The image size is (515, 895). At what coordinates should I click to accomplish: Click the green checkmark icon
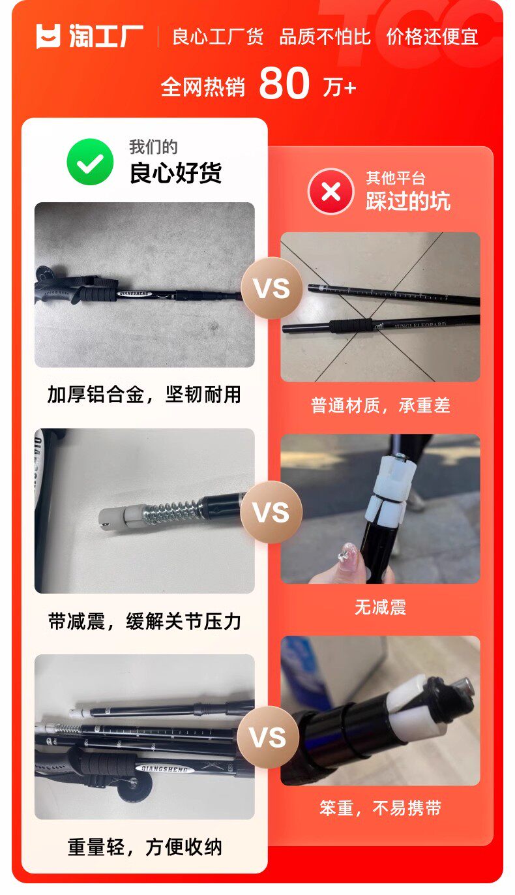click(x=90, y=161)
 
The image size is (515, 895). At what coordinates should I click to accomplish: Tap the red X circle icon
click(x=331, y=192)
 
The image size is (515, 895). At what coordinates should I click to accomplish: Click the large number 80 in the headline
click(x=284, y=83)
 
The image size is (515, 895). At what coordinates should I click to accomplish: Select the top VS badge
click(x=271, y=288)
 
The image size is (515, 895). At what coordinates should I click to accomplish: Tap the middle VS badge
click(x=271, y=512)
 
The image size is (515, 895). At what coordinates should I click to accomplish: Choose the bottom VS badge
click(x=268, y=737)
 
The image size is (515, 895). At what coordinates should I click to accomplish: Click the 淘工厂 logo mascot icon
click(x=48, y=36)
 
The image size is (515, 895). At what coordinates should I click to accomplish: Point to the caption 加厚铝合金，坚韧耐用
click(x=145, y=395)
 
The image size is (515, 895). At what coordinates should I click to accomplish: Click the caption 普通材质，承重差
click(x=381, y=405)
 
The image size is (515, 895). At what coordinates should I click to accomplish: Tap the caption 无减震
click(x=381, y=607)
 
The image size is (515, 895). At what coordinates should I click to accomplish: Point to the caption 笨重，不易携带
click(x=381, y=808)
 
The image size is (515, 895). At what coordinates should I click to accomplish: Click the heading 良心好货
click(x=175, y=173)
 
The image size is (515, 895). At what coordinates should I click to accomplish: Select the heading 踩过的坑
click(x=408, y=200)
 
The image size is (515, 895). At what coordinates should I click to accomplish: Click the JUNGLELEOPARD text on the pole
click(x=420, y=325)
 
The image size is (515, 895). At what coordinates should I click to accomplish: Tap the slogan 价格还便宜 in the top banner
click(x=432, y=37)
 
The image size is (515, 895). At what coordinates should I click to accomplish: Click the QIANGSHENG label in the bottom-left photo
click(x=164, y=768)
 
